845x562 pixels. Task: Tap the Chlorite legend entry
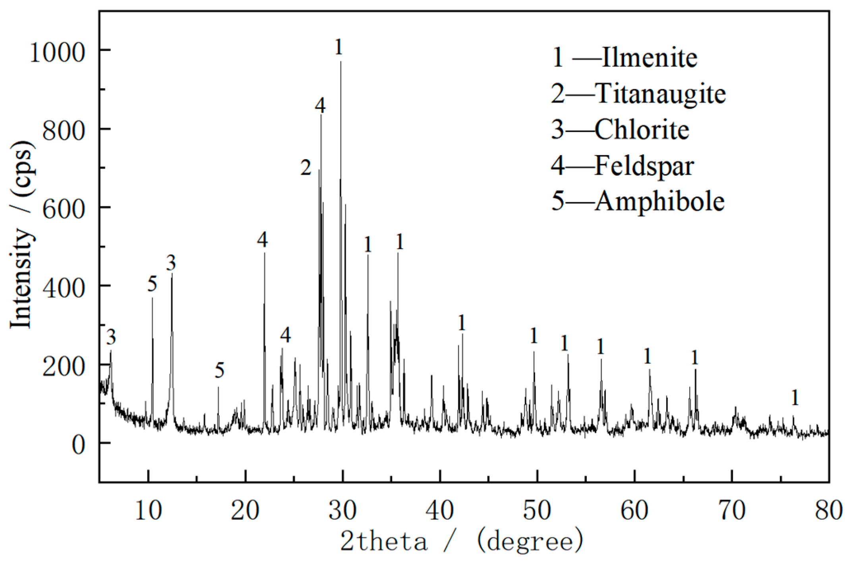pos(620,130)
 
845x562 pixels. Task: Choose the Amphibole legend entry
pos(638,201)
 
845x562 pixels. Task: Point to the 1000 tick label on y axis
pos(58,52)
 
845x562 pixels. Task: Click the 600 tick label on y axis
pos(64,209)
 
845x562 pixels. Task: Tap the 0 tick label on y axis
pos(78,445)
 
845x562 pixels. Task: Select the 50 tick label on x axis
pos(537,510)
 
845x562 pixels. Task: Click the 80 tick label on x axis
pos(828,510)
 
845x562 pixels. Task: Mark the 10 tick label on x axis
pos(148,510)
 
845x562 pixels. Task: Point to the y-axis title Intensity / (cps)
pos(22,235)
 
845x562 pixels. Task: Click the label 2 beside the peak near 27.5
pos(306,167)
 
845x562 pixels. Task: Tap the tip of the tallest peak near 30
pos(340,62)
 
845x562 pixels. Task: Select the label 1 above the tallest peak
pos(338,47)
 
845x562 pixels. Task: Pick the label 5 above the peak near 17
pos(219,370)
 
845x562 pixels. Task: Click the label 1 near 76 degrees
pos(795,398)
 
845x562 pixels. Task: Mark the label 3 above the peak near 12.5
pos(171,263)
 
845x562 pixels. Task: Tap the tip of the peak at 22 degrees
pos(265,253)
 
